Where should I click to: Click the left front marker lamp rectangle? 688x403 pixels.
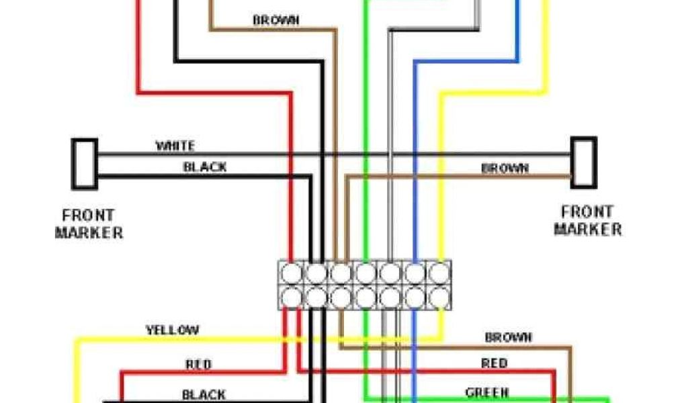coord(85,163)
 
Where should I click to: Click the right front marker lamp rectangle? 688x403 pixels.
coord(583,162)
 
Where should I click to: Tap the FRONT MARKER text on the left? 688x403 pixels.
coord(89,224)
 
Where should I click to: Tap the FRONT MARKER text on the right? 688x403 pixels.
coord(588,220)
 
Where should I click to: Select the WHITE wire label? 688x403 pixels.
coord(175,146)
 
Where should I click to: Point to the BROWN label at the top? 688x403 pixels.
coord(275,20)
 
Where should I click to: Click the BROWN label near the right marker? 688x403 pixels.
coord(505,169)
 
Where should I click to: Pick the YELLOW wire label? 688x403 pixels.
coord(173,330)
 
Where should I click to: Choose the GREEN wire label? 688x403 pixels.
coord(487,392)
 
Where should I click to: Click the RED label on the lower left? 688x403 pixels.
coord(198,364)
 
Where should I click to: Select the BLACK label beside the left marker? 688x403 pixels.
coord(205,167)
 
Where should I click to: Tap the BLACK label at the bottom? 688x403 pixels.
coord(204,394)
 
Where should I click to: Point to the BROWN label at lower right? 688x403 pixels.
coord(509,337)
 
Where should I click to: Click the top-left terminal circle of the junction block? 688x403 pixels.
coord(292,273)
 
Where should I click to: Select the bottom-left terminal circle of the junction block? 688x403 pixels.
coord(292,296)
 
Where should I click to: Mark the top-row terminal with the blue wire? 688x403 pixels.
coord(414,273)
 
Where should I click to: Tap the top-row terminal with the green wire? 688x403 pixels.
coord(365,273)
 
